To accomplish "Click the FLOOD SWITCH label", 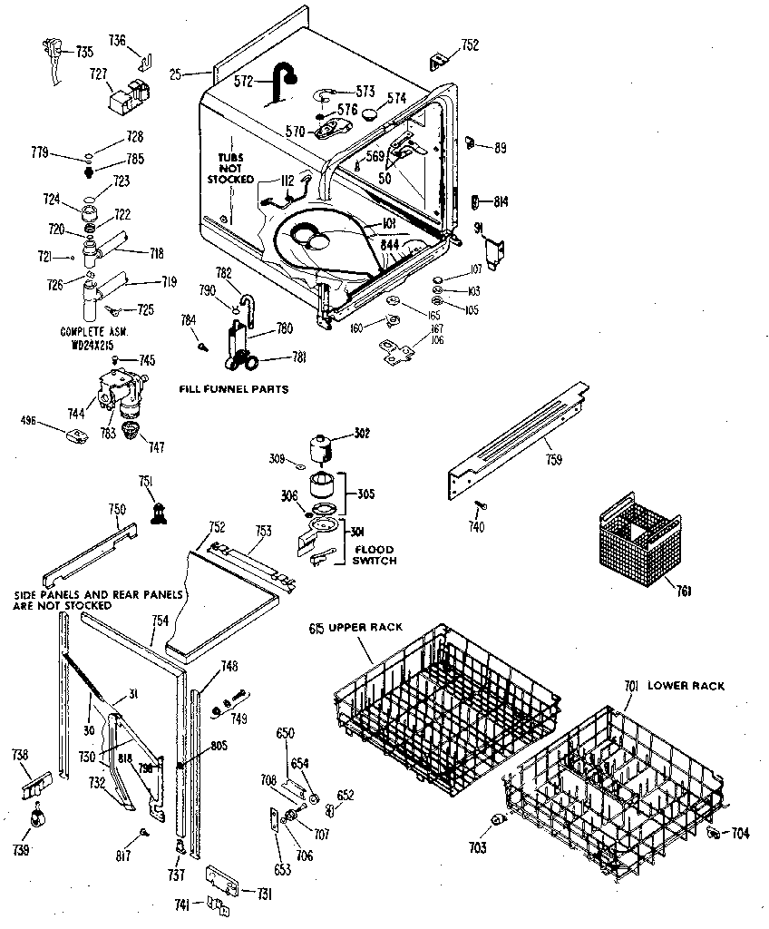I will coord(375,554).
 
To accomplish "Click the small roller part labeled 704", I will coord(713,832).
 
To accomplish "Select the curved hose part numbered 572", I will coord(279,82).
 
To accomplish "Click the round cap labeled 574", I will coord(369,113).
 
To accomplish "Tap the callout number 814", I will coord(501,201).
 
